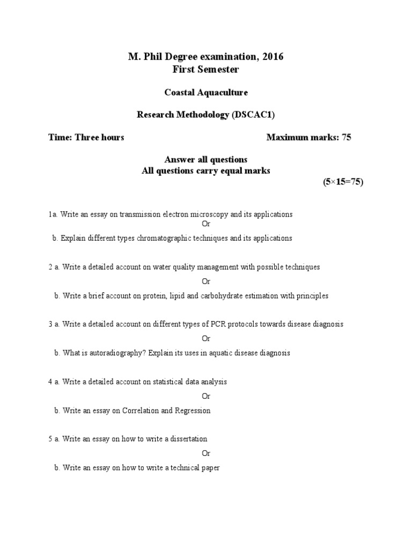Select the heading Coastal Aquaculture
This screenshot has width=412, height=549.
[206, 92]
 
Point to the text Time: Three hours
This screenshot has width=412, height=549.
[86, 137]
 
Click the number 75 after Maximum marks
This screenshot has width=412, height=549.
[346, 137]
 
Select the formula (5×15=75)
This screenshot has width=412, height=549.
[343, 182]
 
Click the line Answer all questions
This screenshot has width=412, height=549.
[206, 159]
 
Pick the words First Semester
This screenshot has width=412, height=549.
[206, 69]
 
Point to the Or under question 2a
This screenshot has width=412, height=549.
[206, 281]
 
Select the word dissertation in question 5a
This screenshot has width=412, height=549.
[188, 439]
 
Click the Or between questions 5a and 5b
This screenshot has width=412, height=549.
[206, 454]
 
